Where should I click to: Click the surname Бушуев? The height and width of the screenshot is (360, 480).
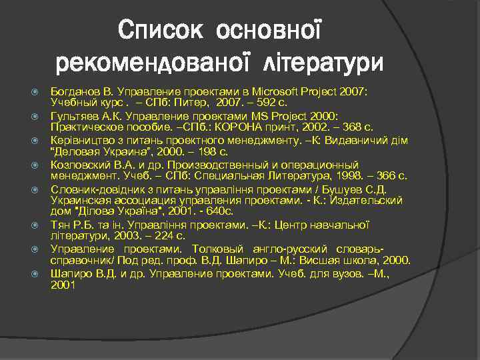click(347, 189)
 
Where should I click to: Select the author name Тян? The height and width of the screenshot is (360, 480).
click(60, 225)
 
